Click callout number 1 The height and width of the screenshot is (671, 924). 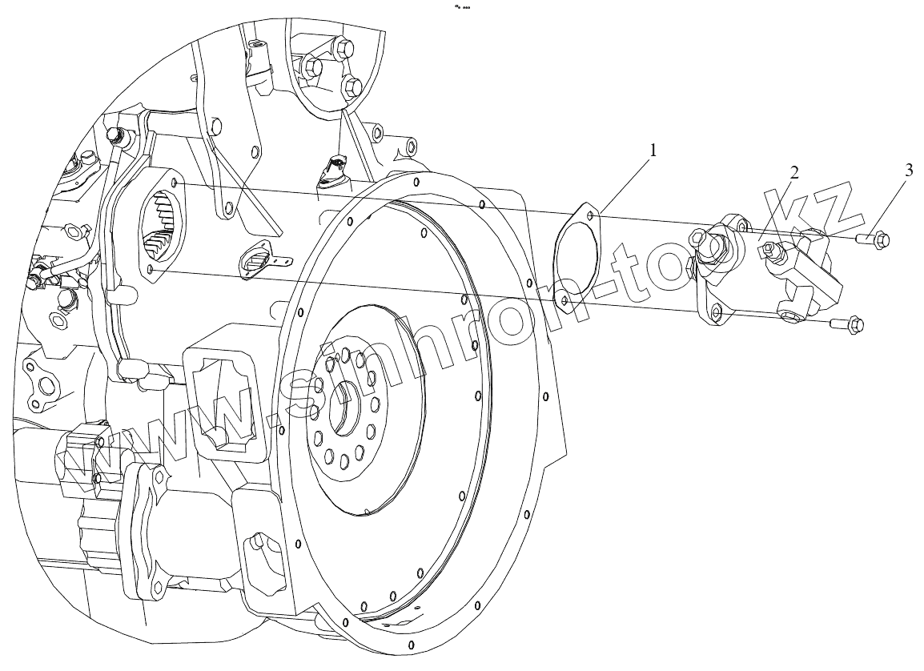[653, 150]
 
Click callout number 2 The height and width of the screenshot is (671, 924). [793, 173]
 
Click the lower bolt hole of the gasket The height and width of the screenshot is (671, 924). [564, 299]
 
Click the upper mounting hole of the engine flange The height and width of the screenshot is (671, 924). [177, 186]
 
